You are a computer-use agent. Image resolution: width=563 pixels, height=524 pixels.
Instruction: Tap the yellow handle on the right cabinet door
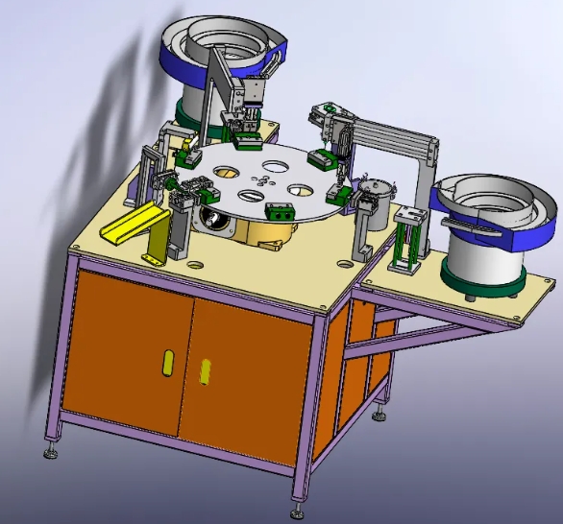(205, 370)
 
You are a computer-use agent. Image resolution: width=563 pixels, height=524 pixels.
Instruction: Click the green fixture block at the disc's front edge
(279, 212)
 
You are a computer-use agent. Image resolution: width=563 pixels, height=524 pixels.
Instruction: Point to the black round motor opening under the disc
(218, 224)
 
